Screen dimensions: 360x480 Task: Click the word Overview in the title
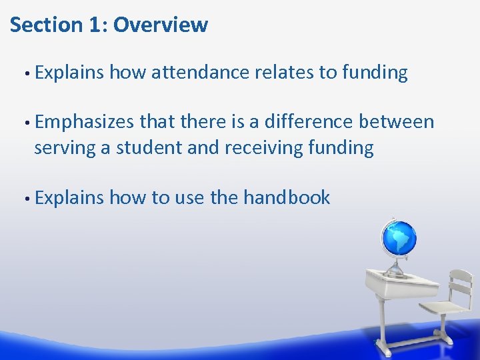161,25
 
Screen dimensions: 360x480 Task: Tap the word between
397,122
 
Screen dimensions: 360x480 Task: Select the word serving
65,148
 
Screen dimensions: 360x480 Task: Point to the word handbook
287,197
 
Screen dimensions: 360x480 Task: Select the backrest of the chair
459,283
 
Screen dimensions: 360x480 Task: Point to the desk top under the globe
393,279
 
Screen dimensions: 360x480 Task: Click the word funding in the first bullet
375,73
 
